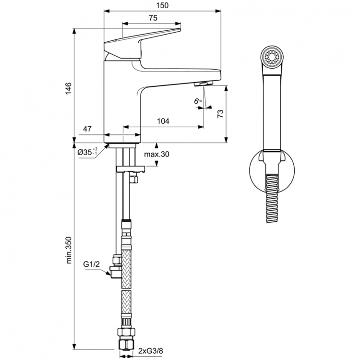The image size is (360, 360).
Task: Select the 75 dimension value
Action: [x=153, y=18]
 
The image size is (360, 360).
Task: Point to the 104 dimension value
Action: [x=163, y=122]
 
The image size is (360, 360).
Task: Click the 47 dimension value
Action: [x=88, y=129]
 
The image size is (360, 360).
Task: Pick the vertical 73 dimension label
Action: [x=220, y=114]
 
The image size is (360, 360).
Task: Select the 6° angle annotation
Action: [x=197, y=101]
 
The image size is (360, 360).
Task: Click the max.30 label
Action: [x=156, y=154]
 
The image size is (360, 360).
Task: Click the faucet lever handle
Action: [x=144, y=41]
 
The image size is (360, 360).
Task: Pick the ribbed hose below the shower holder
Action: [x=271, y=202]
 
